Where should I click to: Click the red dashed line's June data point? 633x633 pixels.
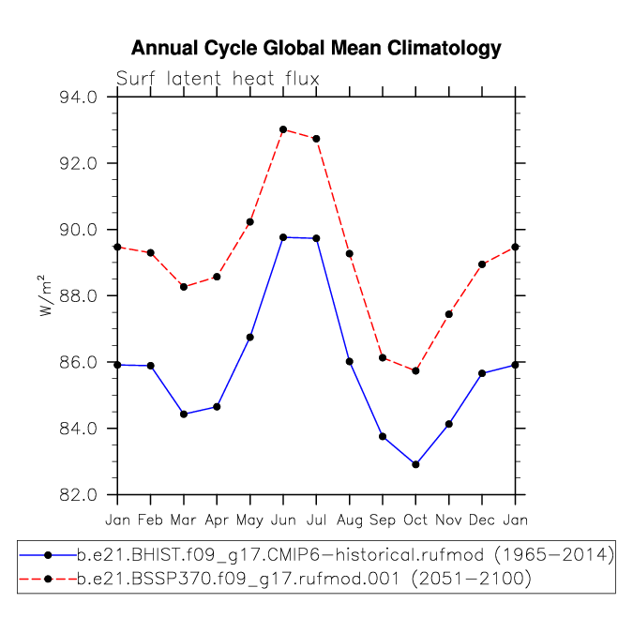tap(283, 129)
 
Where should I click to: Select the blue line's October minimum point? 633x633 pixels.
tap(415, 464)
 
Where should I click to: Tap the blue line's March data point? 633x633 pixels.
tap(184, 414)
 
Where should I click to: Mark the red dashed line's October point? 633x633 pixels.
tap(415, 371)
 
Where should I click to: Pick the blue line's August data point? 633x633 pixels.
tap(350, 362)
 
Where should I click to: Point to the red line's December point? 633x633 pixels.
tap(482, 264)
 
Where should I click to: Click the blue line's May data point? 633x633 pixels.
tap(249, 337)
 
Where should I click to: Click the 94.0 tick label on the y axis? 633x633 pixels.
tap(79, 98)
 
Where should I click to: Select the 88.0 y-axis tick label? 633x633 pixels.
tap(79, 296)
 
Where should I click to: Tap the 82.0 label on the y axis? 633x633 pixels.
tap(79, 495)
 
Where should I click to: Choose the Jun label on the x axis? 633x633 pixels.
tap(283, 520)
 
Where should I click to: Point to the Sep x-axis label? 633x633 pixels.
tap(383, 520)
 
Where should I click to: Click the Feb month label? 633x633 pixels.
tap(150, 520)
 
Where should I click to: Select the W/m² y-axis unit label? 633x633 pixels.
tap(46, 295)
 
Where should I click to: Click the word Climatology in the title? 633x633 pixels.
tap(445, 49)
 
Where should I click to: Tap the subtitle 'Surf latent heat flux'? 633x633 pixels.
tap(218, 79)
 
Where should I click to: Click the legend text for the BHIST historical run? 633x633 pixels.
tap(345, 555)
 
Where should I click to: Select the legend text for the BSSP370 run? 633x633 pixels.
tap(304, 580)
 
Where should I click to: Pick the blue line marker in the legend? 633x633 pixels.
tap(48, 555)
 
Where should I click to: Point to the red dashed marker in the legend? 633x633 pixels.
tap(48, 580)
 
